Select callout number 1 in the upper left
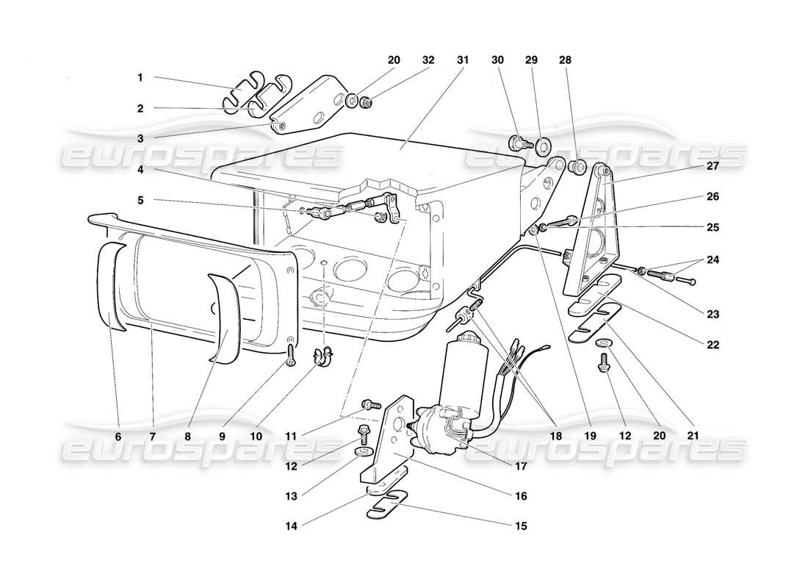[139, 76]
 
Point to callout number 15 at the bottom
[521, 526]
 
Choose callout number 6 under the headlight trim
[118, 436]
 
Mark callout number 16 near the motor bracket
[521, 496]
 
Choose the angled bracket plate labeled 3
[309, 103]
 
